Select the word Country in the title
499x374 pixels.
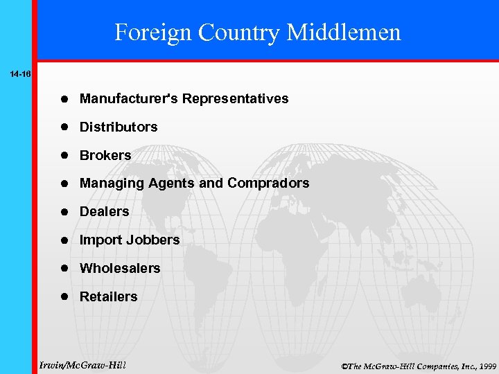[x=239, y=32]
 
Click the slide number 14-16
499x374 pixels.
[x=20, y=73]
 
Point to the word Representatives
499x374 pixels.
[x=236, y=99]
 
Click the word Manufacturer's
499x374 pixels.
[x=129, y=99]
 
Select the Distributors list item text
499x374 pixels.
[x=119, y=127]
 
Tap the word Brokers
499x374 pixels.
[x=105, y=156]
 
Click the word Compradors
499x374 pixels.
[x=268, y=184]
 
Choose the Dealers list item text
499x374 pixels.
[x=105, y=212]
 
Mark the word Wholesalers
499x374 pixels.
[x=120, y=268]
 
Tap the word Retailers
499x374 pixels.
[x=109, y=296]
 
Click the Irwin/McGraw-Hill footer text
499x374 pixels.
[x=83, y=364]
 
